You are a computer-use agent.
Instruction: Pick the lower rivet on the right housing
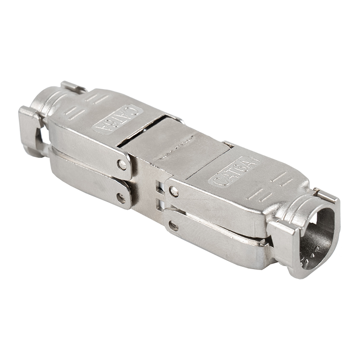point(173,226)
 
